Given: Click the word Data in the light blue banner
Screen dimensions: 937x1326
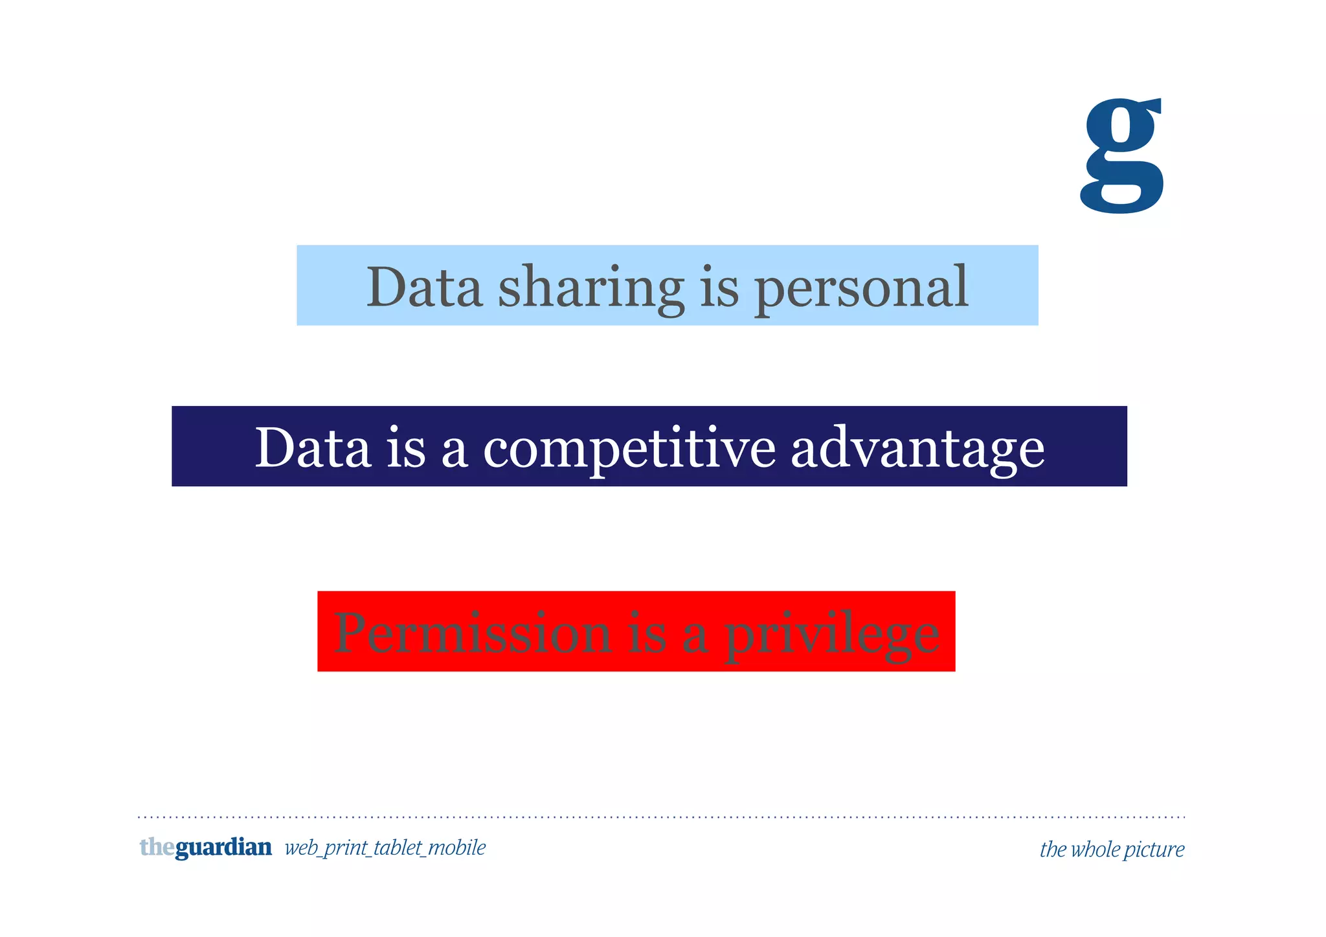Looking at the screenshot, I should click(x=424, y=287).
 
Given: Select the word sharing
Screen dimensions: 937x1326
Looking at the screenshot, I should click(x=590, y=289).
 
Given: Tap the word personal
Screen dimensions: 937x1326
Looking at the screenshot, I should click(x=861, y=289).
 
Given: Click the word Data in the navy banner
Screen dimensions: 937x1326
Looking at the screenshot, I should click(x=313, y=447).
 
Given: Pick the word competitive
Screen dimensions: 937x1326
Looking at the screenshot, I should click(x=629, y=449).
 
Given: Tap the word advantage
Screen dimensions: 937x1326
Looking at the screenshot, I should click(x=917, y=449).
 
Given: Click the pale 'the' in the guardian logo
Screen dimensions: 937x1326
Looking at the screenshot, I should click(x=157, y=847).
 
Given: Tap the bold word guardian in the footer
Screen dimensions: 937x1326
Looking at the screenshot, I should click(x=223, y=848).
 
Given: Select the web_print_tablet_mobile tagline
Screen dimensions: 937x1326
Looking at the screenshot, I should click(x=385, y=848).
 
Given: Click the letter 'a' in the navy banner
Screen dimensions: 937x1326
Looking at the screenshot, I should click(x=455, y=451).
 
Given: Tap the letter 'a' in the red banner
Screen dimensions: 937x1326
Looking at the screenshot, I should click(x=695, y=637).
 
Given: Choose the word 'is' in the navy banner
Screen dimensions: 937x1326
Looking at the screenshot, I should click(x=407, y=447).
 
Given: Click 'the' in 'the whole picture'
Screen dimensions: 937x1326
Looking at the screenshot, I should click(x=1053, y=849).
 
